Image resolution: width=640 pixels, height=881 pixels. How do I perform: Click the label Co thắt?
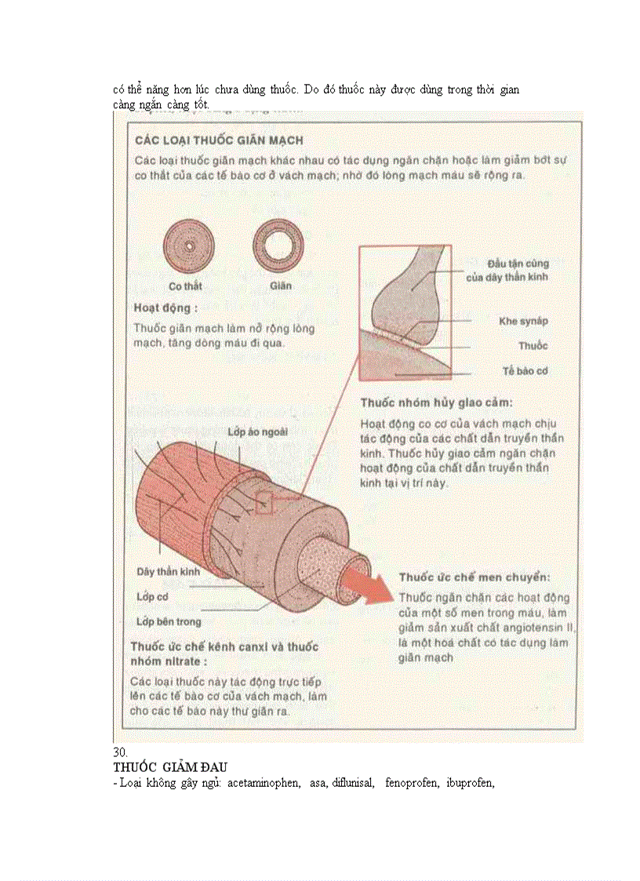point(186,286)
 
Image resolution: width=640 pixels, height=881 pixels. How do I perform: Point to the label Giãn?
point(280,286)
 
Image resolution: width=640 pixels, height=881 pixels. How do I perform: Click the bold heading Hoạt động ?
point(165,308)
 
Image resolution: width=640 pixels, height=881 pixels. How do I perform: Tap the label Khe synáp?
point(523,321)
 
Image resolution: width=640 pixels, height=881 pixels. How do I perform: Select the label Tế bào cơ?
point(525,370)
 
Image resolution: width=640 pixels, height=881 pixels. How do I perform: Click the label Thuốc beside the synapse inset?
point(533,345)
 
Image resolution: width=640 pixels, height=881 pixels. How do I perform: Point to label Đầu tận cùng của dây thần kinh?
point(518,270)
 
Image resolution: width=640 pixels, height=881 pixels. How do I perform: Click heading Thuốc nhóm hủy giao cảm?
point(436,402)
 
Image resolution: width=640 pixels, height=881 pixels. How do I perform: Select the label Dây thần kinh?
point(169,572)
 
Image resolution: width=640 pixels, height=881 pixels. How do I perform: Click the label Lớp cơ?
point(152,597)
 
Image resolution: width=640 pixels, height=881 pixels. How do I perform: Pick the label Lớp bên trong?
point(169,621)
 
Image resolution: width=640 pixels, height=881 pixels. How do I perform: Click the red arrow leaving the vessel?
point(375,590)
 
